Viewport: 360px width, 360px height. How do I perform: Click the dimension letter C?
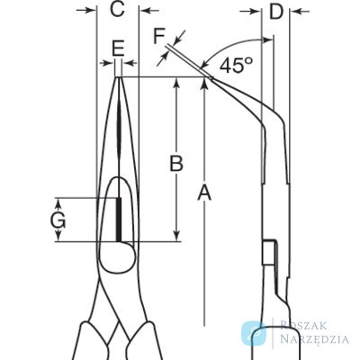(117, 10)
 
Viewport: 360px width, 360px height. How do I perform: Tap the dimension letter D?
(276, 12)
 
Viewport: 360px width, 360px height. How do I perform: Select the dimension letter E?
(118, 49)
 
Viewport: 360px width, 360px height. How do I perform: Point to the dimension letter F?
(159, 36)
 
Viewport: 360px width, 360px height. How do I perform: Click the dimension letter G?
(58, 221)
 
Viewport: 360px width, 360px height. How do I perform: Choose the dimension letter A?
(204, 193)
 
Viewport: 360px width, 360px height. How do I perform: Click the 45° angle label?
(236, 65)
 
